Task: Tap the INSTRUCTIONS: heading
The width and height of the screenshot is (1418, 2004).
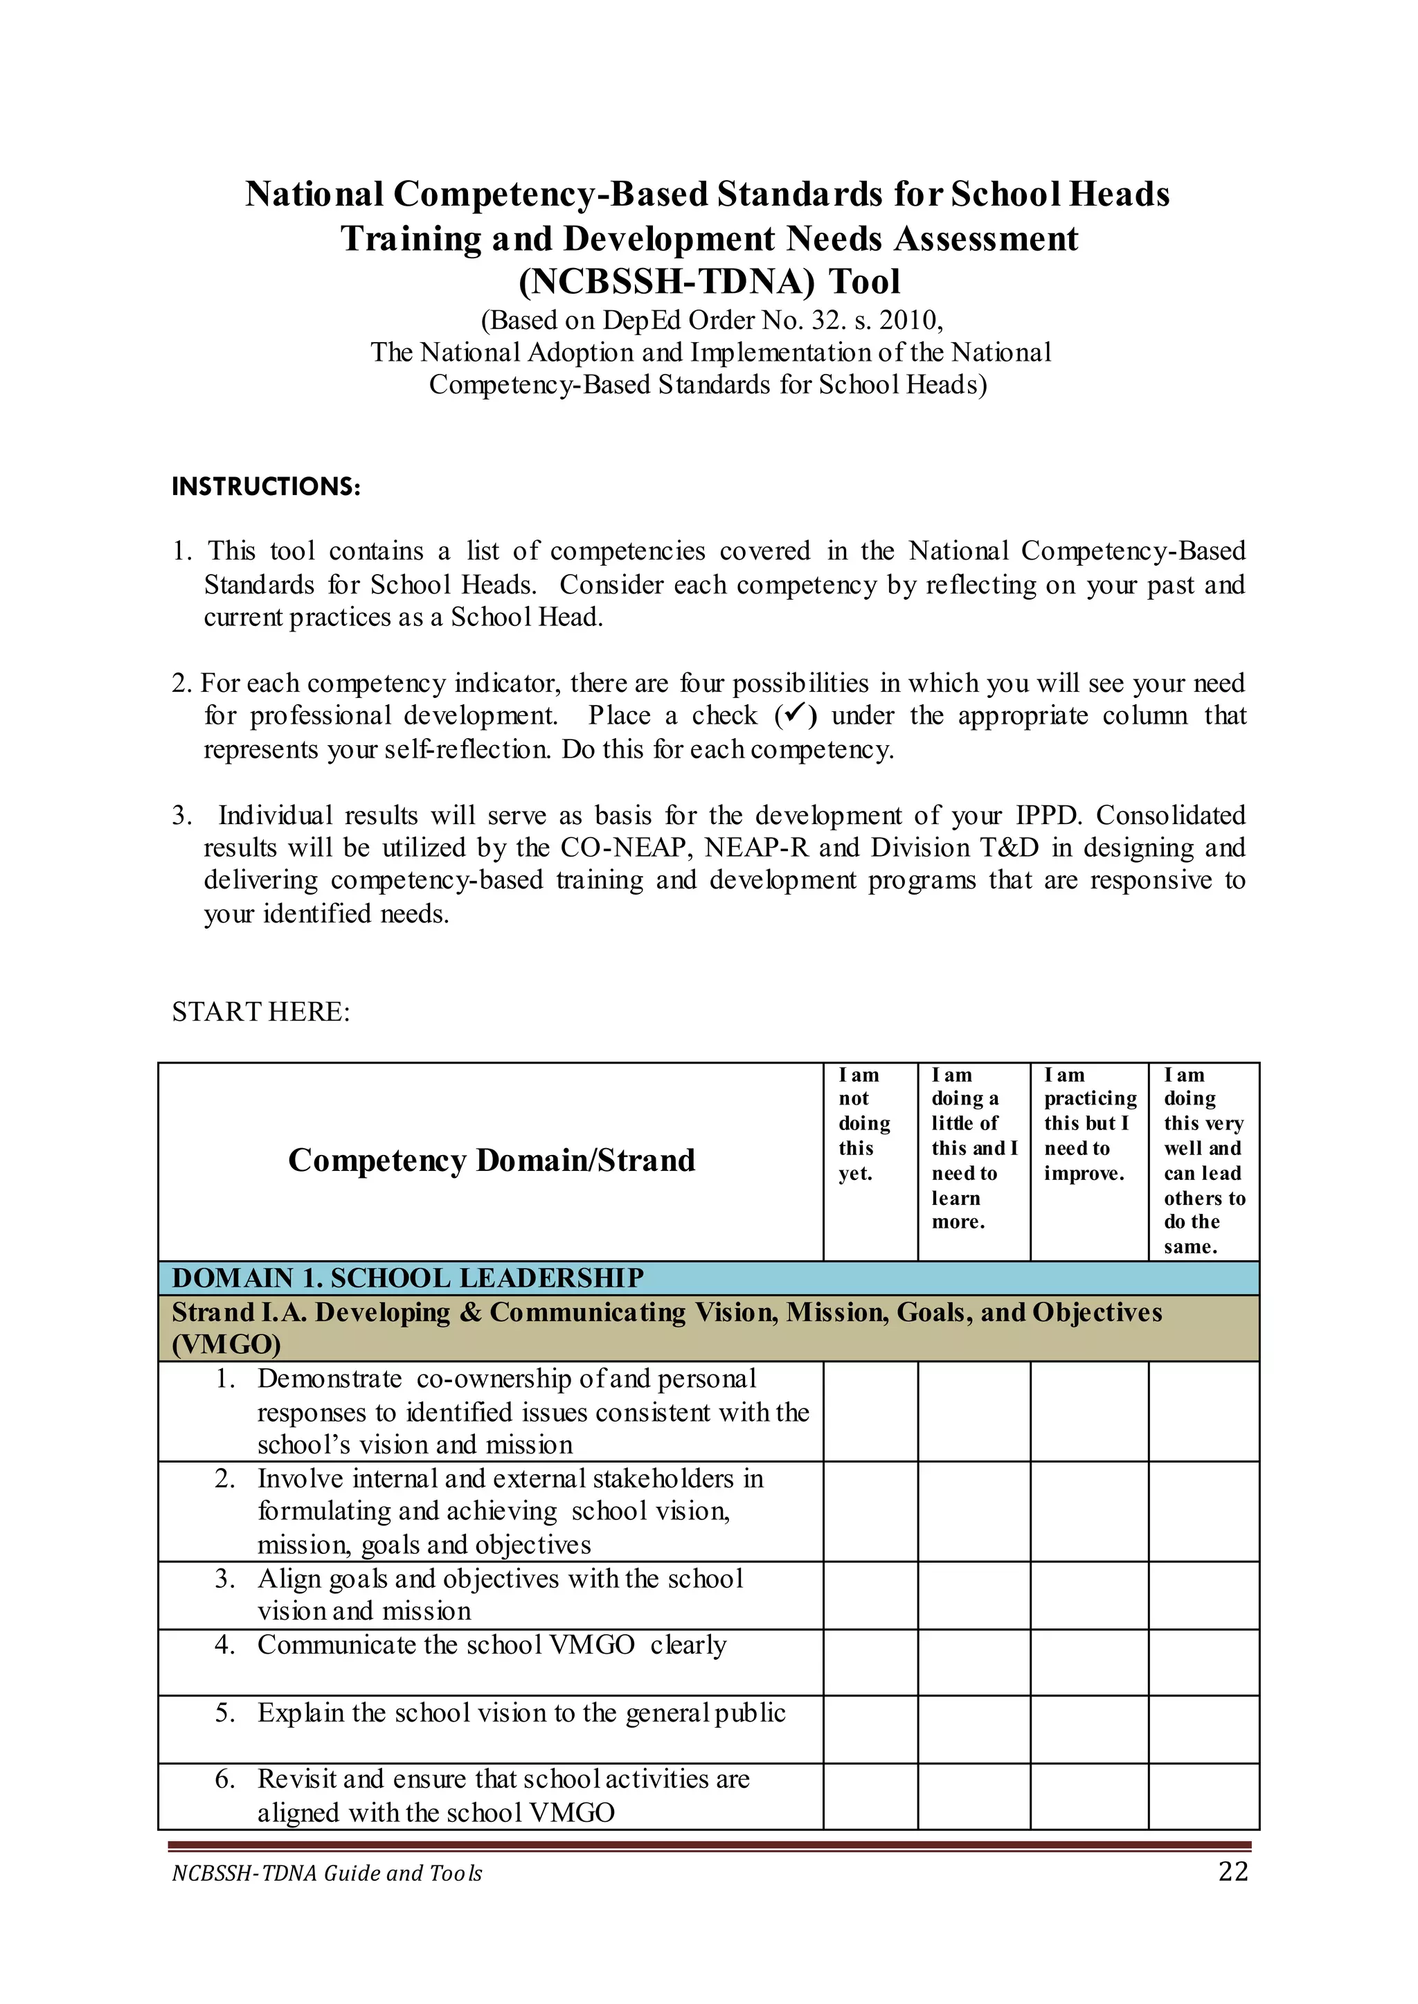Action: (267, 486)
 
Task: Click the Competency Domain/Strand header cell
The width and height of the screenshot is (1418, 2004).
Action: (492, 1161)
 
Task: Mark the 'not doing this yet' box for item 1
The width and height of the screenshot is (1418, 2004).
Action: (870, 1411)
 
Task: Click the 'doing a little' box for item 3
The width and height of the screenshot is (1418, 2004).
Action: (973, 1595)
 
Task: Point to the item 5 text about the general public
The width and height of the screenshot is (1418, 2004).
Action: (521, 1713)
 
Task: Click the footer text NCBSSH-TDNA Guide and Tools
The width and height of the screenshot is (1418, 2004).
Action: (327, 1873)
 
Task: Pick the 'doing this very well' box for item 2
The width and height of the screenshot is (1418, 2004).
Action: (1203, 1511)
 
